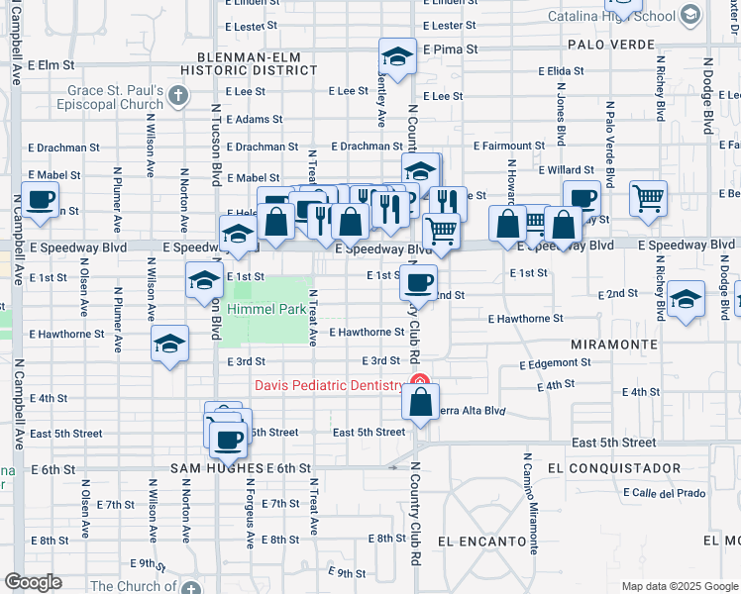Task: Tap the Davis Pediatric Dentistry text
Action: coord(329,385)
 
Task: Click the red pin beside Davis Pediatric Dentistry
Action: coord(420,383)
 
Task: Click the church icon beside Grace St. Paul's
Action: coord(177,95)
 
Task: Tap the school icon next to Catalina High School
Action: coord(688,15)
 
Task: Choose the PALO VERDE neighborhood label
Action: coord(611,45)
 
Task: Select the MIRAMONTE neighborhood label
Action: coord(614,345)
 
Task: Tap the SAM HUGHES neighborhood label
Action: coord(216,467)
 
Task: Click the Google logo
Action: coord(33,582)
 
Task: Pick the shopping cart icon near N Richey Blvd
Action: coord(648,198)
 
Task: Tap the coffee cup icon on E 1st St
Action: coord(420,282)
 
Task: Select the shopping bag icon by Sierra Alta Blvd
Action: coord(420,402)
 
